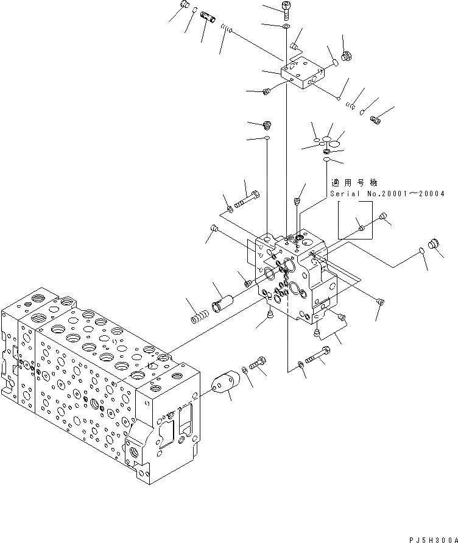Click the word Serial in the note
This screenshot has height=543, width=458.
[x=344, y=194]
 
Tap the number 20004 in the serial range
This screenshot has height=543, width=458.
[x=431, y=194]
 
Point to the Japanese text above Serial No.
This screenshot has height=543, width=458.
[x=354, y=183]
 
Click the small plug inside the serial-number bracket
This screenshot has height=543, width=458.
[x=361, y=228]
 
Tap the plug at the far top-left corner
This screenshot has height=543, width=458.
[x=185, y=7]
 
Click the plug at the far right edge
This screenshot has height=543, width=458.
[x=435, y=244]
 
